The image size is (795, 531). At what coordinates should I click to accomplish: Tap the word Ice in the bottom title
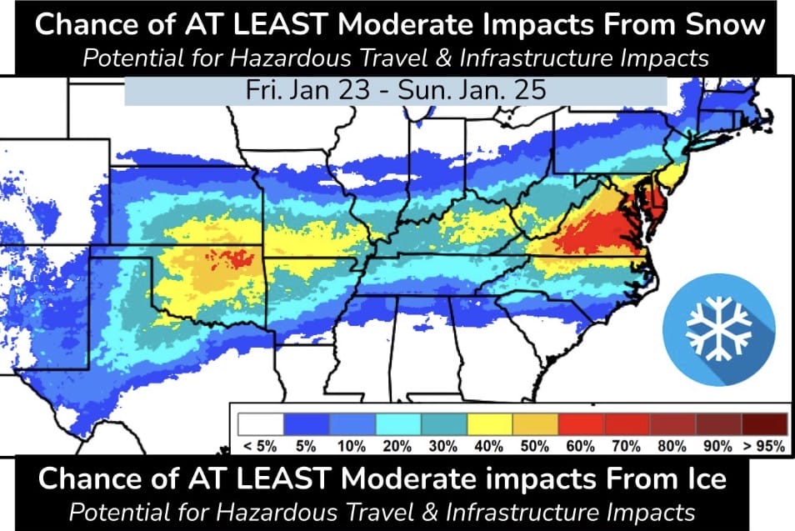point(706,478)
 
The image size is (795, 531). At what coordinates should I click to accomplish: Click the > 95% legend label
point(763,446)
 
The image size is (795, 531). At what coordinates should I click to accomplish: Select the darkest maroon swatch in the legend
point(763,423)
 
